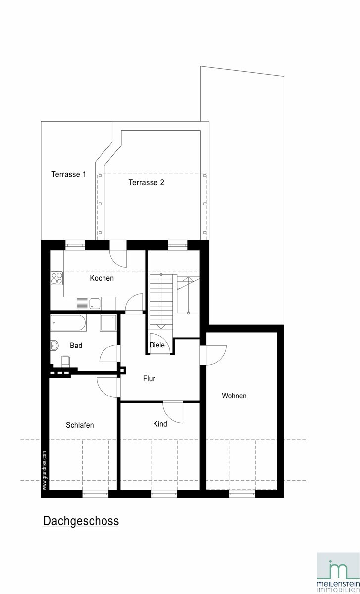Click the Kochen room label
click(x=102, y=278)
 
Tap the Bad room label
click(x=76, y=346)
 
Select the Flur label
click(x=149, y=378)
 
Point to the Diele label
click(x=157, y=345)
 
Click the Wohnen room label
click(x=234, y=396)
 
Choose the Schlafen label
click(x=80, y=425)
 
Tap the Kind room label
click(x=160, y=424)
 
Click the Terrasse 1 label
click(x=69, y=174)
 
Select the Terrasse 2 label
click(x=146, y=183)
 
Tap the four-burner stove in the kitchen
click(x=57, y=278)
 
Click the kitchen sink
click(x=95, y=303)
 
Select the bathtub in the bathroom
click(x=68, y=323)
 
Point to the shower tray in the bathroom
click(x=108, y=323)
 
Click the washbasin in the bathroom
click(x=54, y=346)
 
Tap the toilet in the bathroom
click(x=65, y=361)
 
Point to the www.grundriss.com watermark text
click(x=44, y=470)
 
